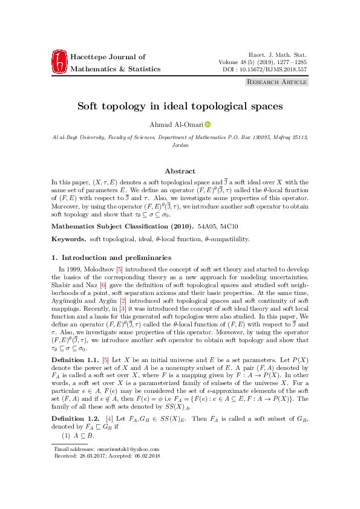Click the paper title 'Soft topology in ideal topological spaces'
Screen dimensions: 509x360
180,106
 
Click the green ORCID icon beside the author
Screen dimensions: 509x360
208,125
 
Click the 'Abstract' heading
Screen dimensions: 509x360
180,171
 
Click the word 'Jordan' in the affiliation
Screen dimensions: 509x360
180,145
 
